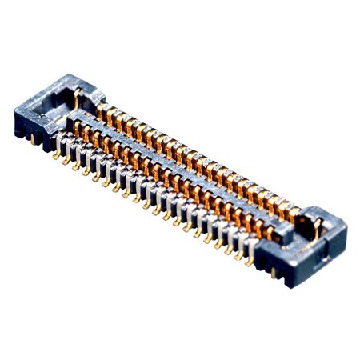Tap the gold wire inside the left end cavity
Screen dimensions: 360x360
[75, 99]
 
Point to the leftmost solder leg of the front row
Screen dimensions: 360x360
[57, 155]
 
